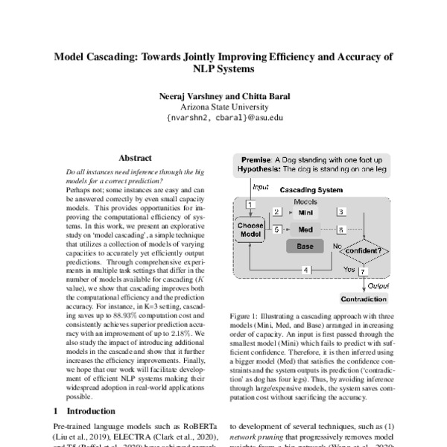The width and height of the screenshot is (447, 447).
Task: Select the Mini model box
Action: coord(305,212)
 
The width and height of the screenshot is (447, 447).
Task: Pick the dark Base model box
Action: coord(305,247)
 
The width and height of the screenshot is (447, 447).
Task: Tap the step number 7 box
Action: coord(363,272)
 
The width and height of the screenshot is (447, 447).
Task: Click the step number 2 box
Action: coord(277,212)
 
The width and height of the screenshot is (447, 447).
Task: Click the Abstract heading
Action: coord(135,158)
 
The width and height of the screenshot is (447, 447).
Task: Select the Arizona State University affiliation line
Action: coord(223,107)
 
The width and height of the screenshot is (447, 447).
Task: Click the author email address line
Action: coord(223,118)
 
